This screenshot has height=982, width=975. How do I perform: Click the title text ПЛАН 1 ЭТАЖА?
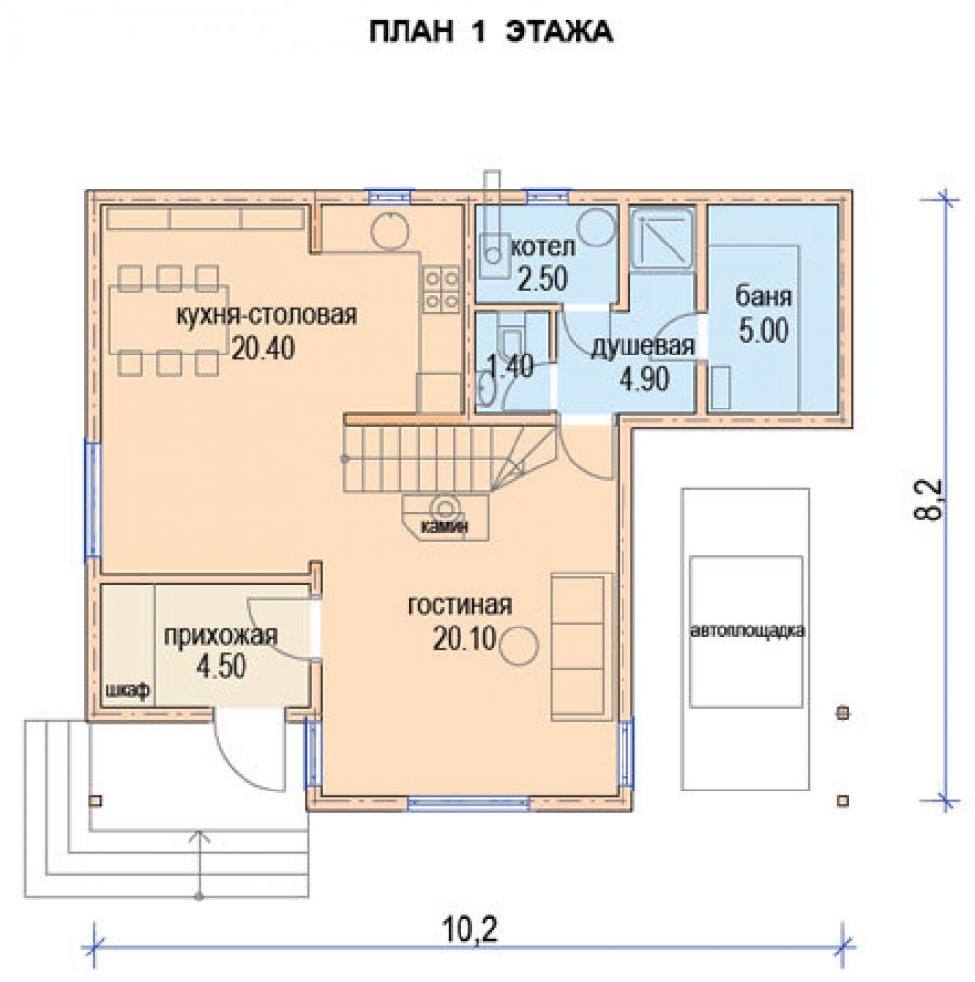490,32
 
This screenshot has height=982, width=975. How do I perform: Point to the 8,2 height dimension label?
928,500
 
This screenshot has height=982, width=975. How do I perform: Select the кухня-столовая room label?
267,315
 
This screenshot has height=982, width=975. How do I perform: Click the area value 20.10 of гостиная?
464,639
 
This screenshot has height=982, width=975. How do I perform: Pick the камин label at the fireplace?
445,526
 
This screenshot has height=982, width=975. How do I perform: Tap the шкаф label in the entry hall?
129,691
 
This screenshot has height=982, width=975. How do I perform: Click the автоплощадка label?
747,630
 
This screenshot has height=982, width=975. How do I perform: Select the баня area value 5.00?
763,331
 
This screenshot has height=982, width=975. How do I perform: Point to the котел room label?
543,247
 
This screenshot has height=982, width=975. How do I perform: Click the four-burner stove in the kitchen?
441,290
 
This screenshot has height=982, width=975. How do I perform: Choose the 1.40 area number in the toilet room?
511,365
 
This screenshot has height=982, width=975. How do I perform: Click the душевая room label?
643,347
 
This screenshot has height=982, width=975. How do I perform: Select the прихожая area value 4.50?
222,667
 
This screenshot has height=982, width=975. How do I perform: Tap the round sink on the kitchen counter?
390,231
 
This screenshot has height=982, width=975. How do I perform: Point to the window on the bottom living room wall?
469,803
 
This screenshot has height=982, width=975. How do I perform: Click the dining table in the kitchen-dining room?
169,320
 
